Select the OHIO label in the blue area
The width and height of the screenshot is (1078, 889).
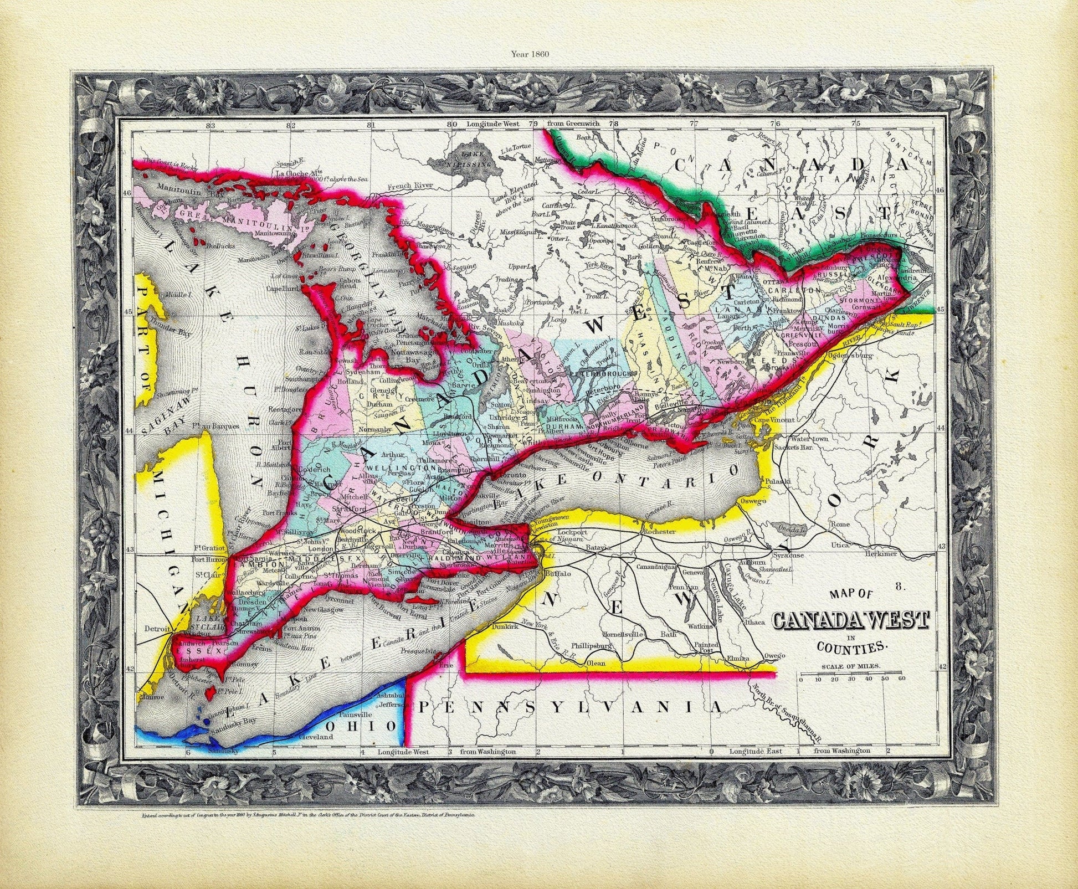click(x=361, y=726)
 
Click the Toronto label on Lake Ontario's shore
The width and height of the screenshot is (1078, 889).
click(x=504, y=475)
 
